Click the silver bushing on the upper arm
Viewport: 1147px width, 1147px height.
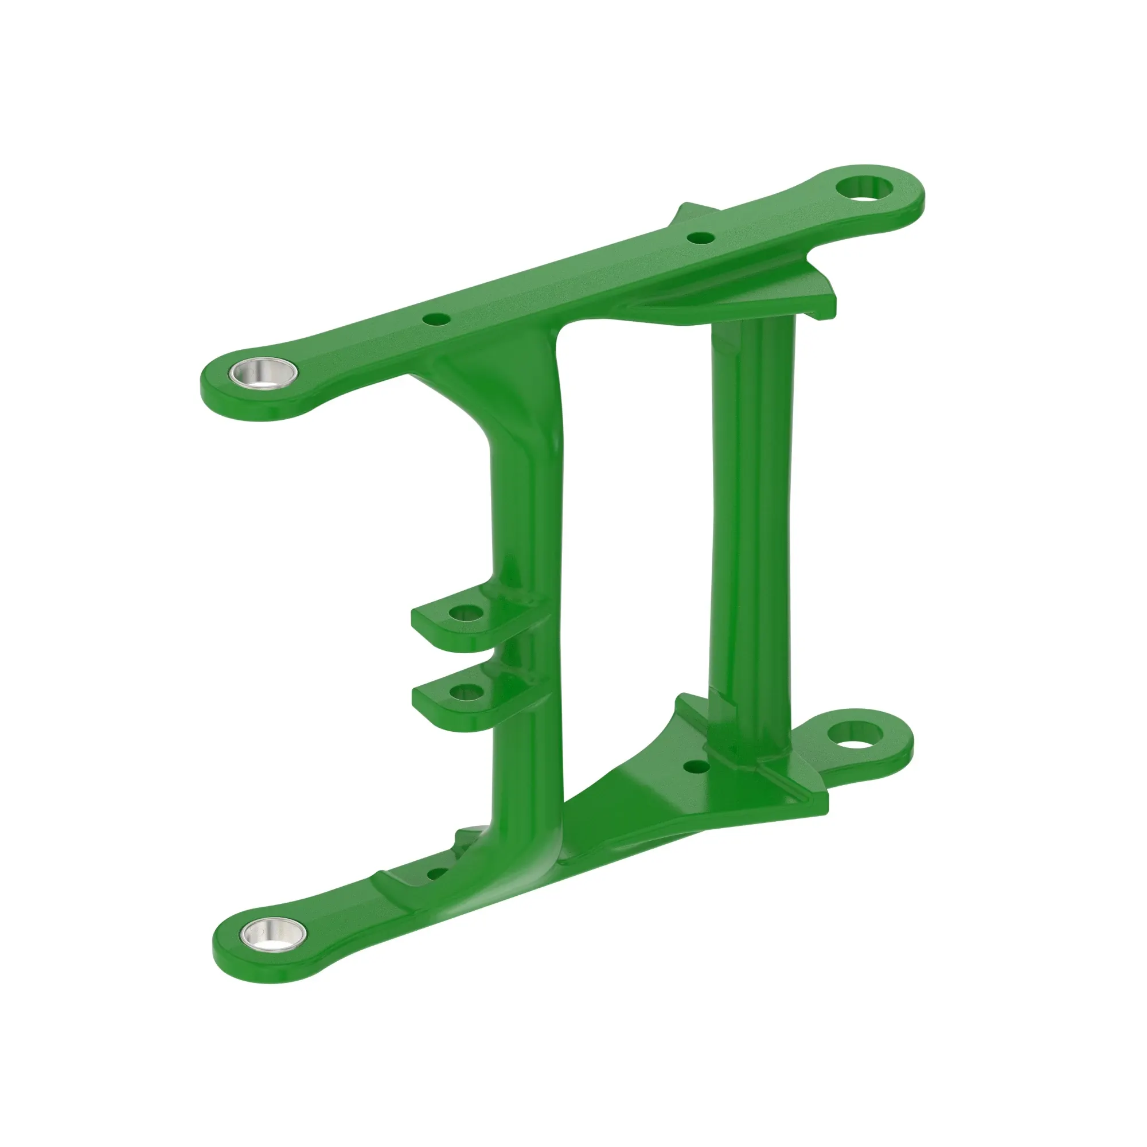pyautogui.click(x=264, y=373)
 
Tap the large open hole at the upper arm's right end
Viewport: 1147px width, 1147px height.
pyautogui.click(x=864, y=188)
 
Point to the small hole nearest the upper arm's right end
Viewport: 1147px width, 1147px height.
pyautogui.click(x=701, y=238)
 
